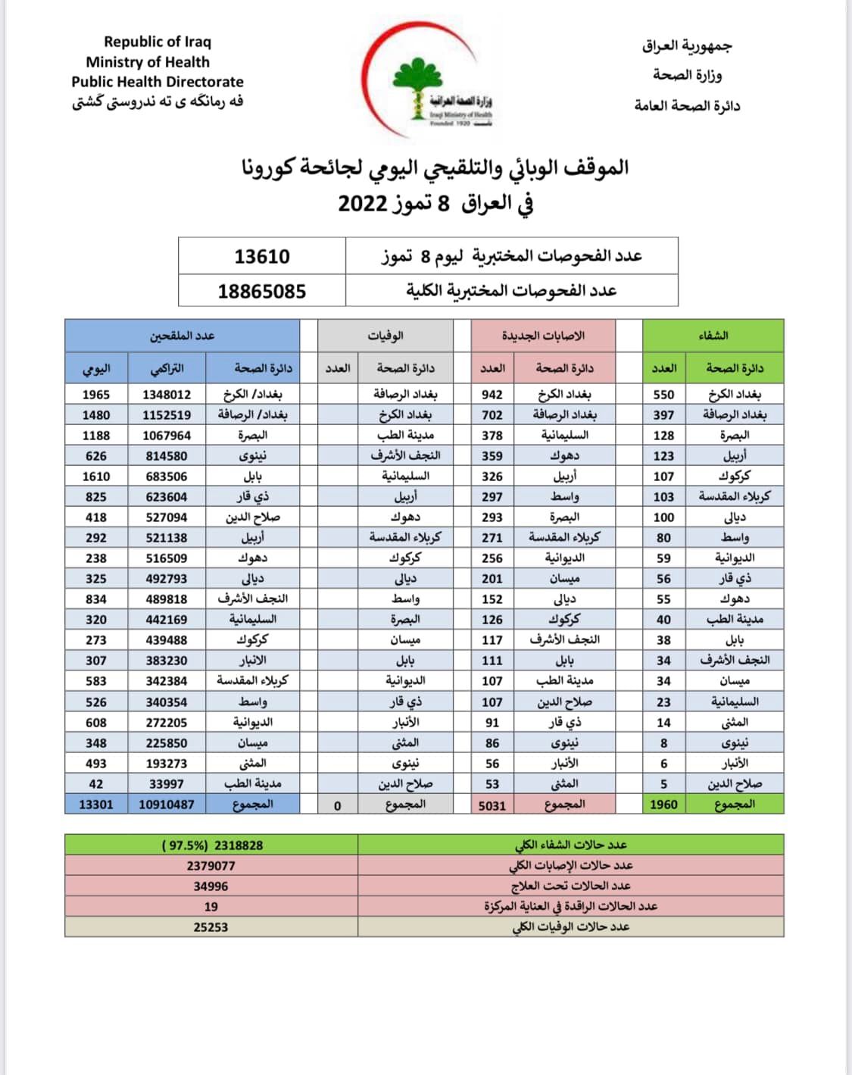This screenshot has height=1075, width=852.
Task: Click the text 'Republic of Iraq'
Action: coord(158,42)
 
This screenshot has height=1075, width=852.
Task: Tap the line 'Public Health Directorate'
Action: coord(158,82)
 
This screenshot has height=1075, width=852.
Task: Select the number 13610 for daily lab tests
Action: coord(262,256)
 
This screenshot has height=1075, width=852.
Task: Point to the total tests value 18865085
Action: coord(262,291)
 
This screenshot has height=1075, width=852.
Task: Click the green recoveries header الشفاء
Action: coord(713,336)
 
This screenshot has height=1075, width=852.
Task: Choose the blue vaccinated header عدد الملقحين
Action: coord(182,336)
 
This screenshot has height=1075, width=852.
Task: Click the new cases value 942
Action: coord(492,395)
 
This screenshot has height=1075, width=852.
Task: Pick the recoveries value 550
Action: coord(663,395)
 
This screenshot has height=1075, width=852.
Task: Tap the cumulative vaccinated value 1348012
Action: coord(167,395)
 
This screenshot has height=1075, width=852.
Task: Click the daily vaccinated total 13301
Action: coord(96,805)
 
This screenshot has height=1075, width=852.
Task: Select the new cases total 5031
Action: coord(492,805)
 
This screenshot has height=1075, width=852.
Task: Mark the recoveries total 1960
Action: coord(663,805)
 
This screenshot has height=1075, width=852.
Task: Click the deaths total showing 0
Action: coord(338,805)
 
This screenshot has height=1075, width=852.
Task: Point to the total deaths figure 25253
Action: coord(211,927)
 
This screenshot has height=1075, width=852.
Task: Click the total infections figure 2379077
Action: coord(211,866)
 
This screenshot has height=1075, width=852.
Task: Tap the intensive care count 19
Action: coord(211,907)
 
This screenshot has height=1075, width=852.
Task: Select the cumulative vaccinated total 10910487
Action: coord(167,805)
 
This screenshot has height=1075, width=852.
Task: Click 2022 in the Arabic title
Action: coord(363,204)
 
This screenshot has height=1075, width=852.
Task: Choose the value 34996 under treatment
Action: coord(211,886)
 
